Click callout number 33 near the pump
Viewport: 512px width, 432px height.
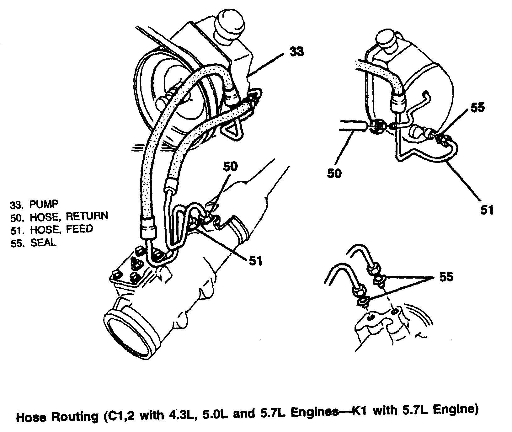(x=296, y=51)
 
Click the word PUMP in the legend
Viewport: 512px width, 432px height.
(x=44, y=204)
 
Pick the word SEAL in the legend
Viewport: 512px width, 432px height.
(x=43, y=243)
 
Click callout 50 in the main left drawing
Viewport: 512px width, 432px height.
(x=230, y=166)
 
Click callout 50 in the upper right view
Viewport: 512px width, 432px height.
(x=334, y=173)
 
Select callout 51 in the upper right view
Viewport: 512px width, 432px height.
(x=487, y=209)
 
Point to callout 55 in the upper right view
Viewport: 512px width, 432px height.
(x=478, y=107)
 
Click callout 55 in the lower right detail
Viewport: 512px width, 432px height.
(x=446, y=277)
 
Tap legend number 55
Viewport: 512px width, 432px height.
(x=16, y=243)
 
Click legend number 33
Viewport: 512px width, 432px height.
(x=16, y=205)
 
